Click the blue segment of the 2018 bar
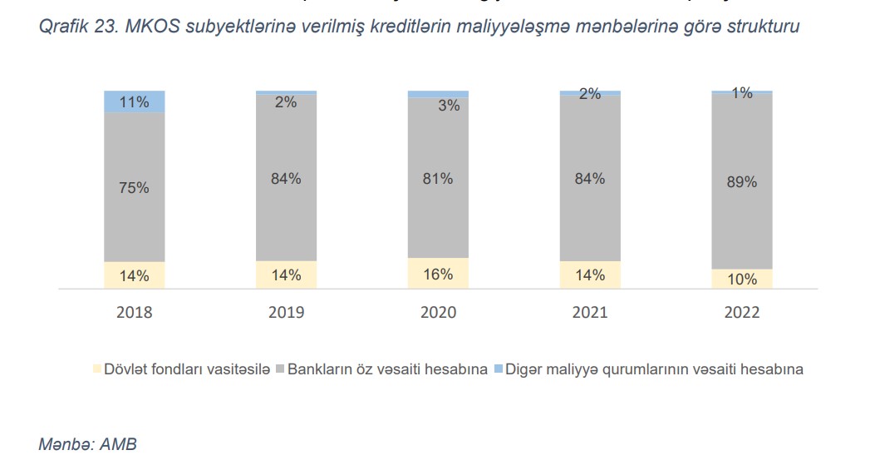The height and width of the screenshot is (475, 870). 135,101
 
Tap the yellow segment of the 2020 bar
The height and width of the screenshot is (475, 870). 438,274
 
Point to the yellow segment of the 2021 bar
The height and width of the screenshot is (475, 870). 590,275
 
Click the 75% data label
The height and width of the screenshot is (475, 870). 135,188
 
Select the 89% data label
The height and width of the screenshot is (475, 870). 742,181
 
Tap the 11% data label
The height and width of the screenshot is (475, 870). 135,102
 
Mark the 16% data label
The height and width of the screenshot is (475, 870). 438,275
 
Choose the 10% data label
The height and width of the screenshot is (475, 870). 742,280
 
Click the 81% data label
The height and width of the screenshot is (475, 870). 438,178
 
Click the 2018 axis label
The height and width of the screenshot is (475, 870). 135,313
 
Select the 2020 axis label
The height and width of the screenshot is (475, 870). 438,313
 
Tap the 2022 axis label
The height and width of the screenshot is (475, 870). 742,313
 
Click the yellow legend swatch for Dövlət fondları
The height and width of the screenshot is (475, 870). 96,369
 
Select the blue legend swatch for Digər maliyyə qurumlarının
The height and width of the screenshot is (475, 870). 498,369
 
